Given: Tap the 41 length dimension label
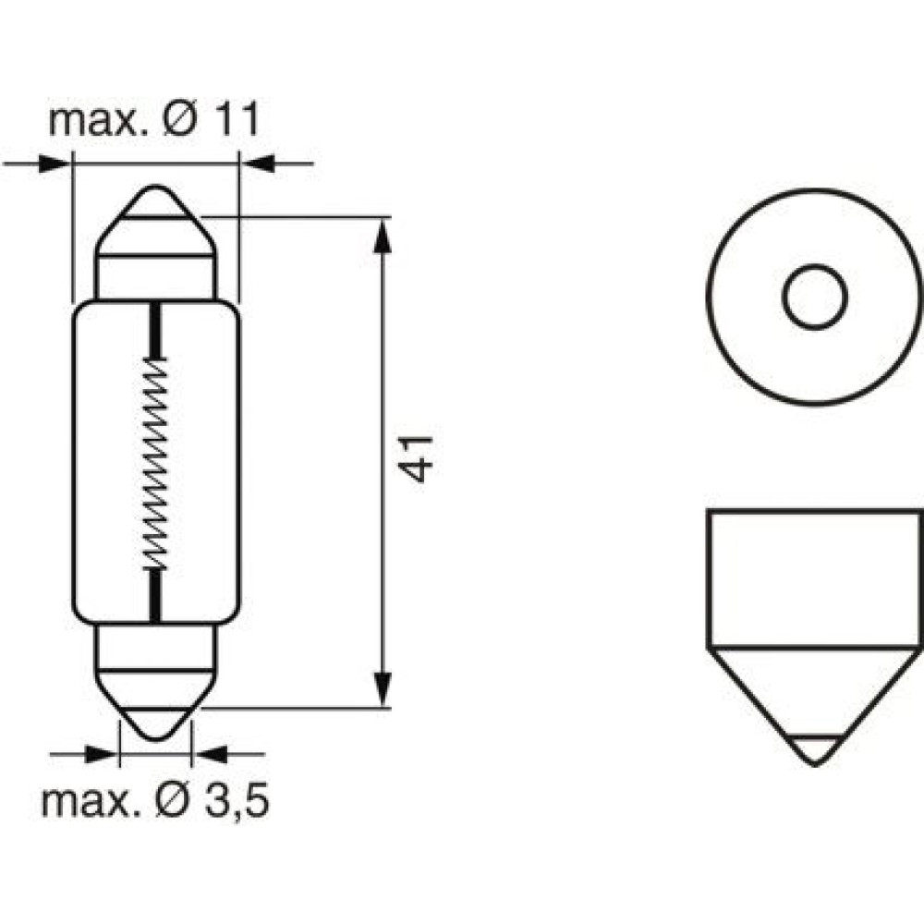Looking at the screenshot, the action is (x=416, y=459).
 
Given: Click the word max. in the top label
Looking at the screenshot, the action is (x=97, y=121).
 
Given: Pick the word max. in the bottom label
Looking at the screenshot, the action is (x=89, y=801).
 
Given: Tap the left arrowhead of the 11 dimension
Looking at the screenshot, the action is (x=55, y=164).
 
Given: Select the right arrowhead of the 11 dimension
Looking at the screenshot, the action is (x=258, y=164).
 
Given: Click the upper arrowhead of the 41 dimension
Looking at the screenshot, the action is (x=383, y=236).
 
